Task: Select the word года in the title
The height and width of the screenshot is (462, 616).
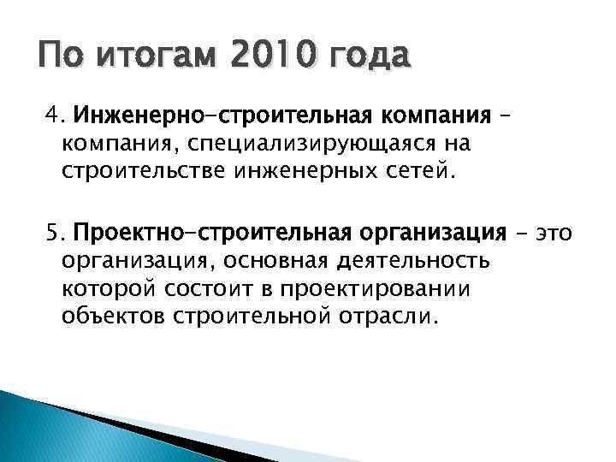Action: click(366, 58)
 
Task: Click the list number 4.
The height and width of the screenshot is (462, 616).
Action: click(54, 115)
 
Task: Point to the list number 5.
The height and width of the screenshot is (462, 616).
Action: click(54, 233)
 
